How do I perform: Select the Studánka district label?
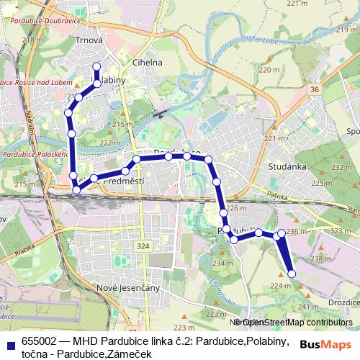pos(287,166)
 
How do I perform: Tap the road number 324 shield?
pos(144,246)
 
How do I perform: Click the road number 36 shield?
pos(315,89)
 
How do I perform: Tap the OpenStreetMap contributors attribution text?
pos(297,322)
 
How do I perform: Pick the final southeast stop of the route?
pos(292,274)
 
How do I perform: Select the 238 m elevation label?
pos(318,258)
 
